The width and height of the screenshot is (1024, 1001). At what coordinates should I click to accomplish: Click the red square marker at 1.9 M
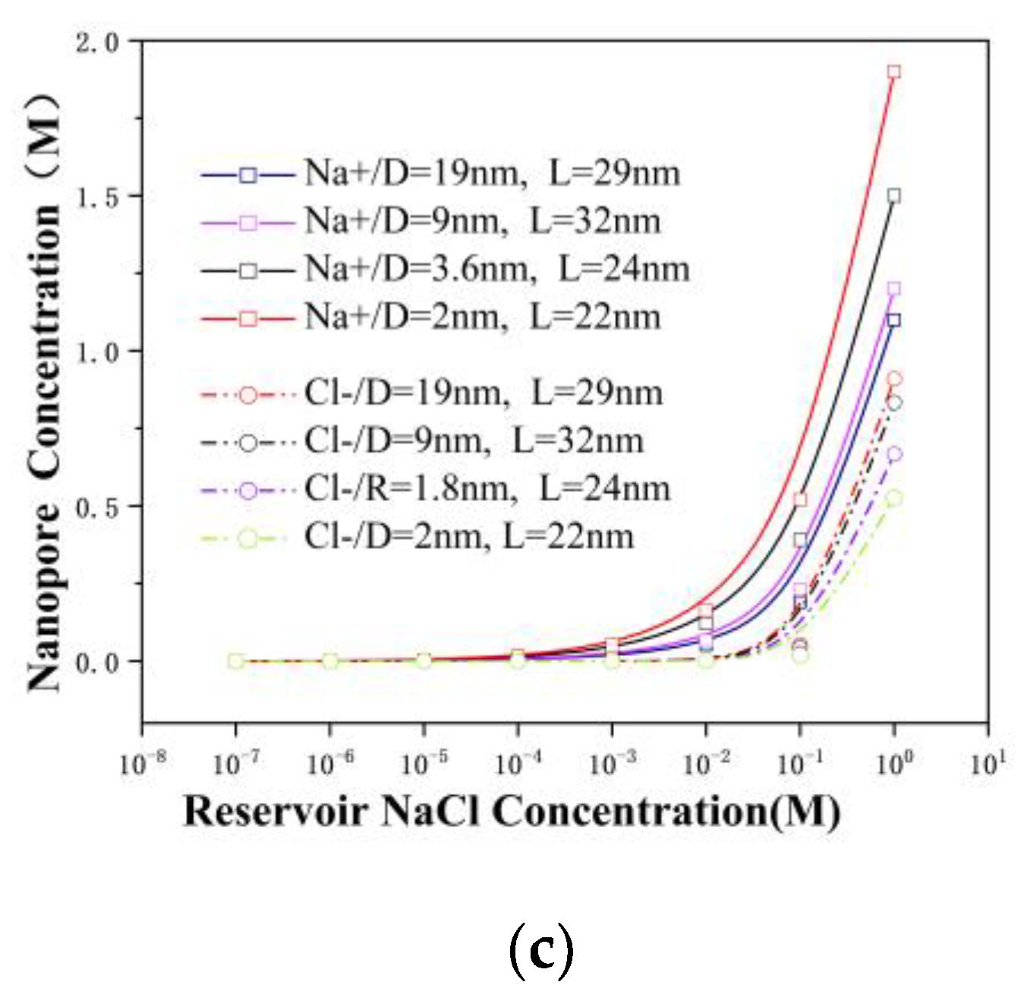pyautogui.click(x=893, y=72)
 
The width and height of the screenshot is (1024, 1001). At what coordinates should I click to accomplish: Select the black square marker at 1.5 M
pyautogui.click(x=893, y=196)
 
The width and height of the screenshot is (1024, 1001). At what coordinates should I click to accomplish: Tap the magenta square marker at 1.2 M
pyautogui.click(x=893, y=289)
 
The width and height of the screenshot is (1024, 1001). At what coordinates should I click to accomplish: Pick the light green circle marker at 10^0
pyautogui.click(x=894, y=498)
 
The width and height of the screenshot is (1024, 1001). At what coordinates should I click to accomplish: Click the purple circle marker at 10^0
pyautogui.click(x=894, y=454)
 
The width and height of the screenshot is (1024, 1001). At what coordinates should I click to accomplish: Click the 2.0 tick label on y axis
pyautogui.click(x=97, y=43)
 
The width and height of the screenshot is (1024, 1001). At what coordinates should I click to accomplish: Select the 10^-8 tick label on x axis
pyautogui.click(x=143, y=763)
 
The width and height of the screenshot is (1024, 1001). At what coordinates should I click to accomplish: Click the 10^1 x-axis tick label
pyautogui.click(x=988, y=763)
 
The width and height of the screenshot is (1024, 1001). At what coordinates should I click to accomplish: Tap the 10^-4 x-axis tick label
pyautogui.click(x=518, y=763)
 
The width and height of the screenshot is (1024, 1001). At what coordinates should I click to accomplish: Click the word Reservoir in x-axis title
pyautogui.click(x=276, y=811)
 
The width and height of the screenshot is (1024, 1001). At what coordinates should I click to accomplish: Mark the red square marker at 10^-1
pyautogui.click(x=800, y=500)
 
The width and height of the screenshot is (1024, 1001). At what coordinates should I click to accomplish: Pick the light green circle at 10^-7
pyautogui.click(x=236, y=661)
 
